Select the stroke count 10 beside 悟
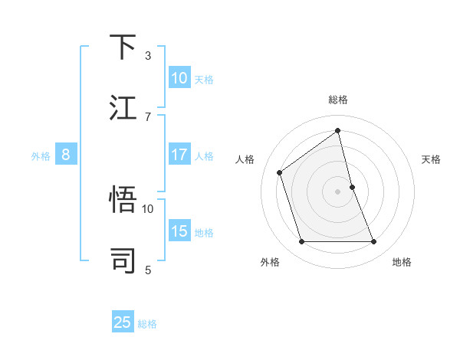[148, 208]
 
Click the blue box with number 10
[179, 78]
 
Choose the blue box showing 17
[179, 155]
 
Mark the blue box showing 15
[179, 231]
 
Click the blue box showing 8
[66, 155]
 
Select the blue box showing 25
[123, 322]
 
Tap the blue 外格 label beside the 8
[41, 155]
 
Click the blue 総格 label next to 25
[147, 323]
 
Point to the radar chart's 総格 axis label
[338, 100]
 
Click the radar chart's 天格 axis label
[432, 159]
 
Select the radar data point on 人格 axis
[280, 172]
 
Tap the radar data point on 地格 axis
[374, 242]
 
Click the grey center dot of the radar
[338, 191]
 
